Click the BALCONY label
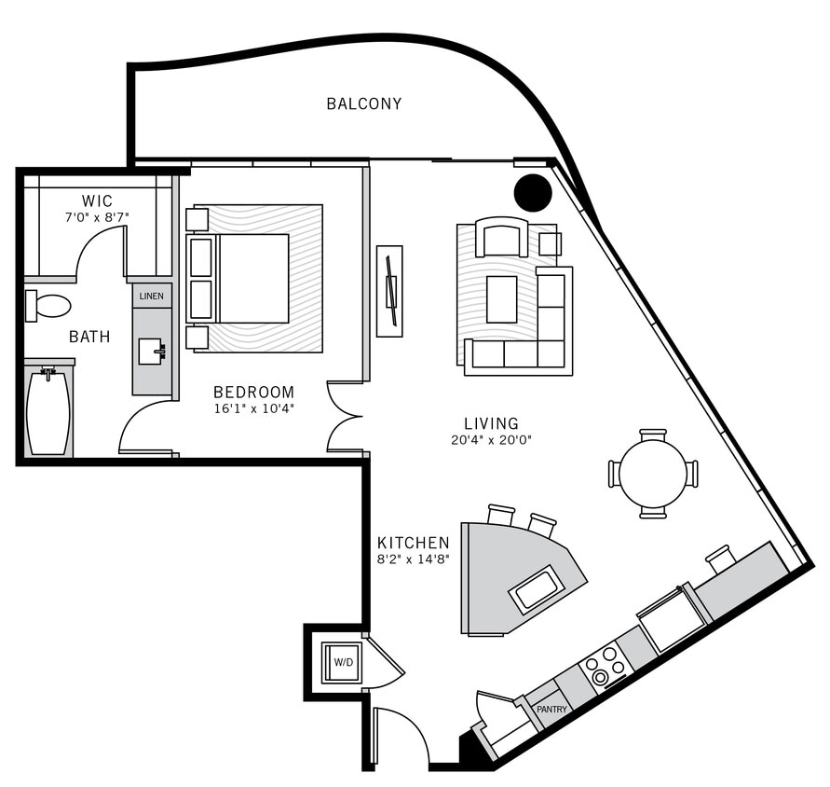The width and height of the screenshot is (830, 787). [x=363, y=104]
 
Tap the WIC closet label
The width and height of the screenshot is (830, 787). [x=97, y=200]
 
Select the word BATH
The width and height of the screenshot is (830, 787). [x=89, y=337]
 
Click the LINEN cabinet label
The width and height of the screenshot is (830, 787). [x=151, y=297]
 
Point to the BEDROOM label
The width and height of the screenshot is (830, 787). [x=253, y=393]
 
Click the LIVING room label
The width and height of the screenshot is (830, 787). [x=491, y=423]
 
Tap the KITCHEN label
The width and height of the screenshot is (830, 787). [x=413, y=543]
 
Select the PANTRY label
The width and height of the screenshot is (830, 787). [x=551, y=709]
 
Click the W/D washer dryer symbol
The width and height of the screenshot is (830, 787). [x=343, y=662]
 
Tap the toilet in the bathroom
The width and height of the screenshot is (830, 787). [x=48, y=305]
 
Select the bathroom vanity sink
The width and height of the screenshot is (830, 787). [x=150, y=352]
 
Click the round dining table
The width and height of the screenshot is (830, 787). [x=653, y=474]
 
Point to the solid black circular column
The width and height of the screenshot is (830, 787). [x=533, y=193]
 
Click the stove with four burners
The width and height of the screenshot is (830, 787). [x=604, y=666]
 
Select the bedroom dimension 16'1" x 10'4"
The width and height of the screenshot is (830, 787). [x=253, y=409]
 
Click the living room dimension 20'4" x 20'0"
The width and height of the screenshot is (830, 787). [x=491, y=440]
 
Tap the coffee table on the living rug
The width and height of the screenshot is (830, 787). [x=501, y=299]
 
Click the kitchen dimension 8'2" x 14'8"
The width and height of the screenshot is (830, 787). [x=413, y=559]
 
